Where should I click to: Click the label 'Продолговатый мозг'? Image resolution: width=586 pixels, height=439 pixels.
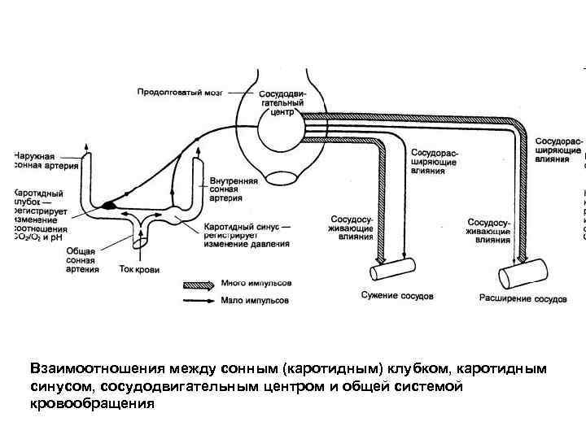(x=184, y=91)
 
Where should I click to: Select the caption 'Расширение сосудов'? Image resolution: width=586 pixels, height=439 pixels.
(x=525, y=298)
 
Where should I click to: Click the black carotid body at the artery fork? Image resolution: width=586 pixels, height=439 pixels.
(x=108, y=206)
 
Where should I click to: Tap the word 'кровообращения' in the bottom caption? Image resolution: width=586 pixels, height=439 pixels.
(x=91, y=403)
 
